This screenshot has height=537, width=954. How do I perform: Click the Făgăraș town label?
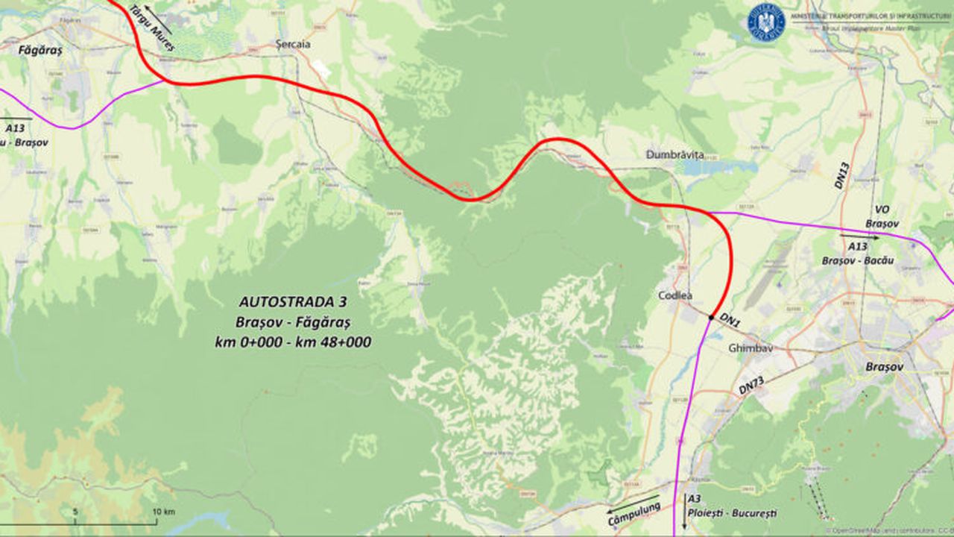(40, 51)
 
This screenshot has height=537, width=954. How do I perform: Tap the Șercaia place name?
(292, 44)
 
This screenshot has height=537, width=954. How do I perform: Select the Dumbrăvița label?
(675, 154)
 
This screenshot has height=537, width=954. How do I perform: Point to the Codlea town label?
(675, 295)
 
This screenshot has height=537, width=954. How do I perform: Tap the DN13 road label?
(841, 175)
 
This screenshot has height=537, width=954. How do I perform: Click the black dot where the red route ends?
(712, 318)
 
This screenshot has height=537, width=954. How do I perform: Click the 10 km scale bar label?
(163, 512)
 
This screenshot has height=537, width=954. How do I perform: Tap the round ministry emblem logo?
(766, 22)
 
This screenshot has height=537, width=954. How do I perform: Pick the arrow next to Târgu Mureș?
(158, 20)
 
